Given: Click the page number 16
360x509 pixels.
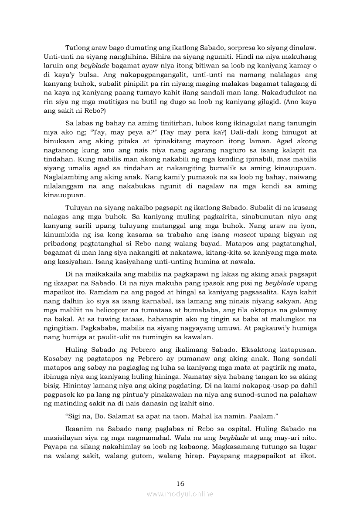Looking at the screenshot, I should [180, 483].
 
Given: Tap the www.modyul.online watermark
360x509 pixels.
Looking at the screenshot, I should [180, 494].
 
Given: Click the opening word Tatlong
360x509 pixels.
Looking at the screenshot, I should [78, 47].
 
